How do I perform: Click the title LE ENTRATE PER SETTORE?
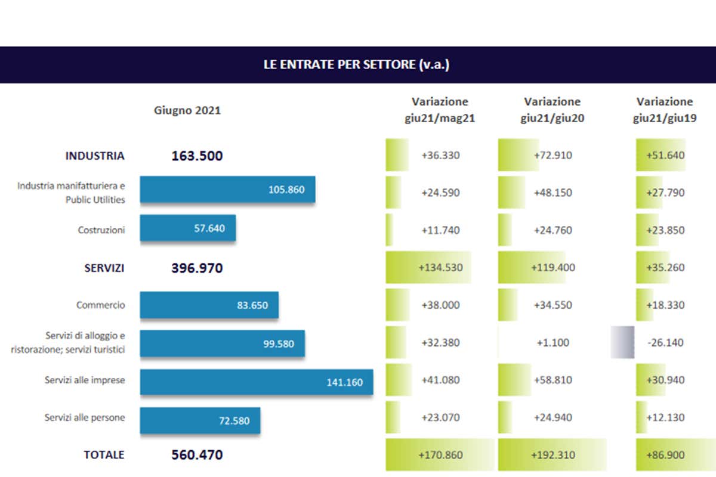coord(356,64)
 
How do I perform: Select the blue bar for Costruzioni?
coord(188,228)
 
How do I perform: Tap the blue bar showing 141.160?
coord(257,382)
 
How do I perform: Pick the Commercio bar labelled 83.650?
coord(209,305)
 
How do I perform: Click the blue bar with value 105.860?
coord(227,190)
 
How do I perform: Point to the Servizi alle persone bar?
coord(200,420)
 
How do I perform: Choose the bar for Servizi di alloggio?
coord(222,343)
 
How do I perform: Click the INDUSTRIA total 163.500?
coord(197,156)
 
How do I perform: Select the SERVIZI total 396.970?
coord(197,268)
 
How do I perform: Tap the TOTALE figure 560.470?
coord(197,455)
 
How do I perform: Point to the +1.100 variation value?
coord(553,343)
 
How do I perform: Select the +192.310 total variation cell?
coord(553,455)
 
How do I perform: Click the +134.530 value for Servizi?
coord(440,268)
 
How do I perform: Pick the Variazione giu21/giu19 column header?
coord(665,110)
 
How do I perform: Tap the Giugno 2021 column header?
coord(187,110)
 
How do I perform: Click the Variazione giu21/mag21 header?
coord(440,110)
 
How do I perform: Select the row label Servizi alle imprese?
coord(85,380)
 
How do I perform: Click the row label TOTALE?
coord(104,454)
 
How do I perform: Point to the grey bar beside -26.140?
coord(622,343)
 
